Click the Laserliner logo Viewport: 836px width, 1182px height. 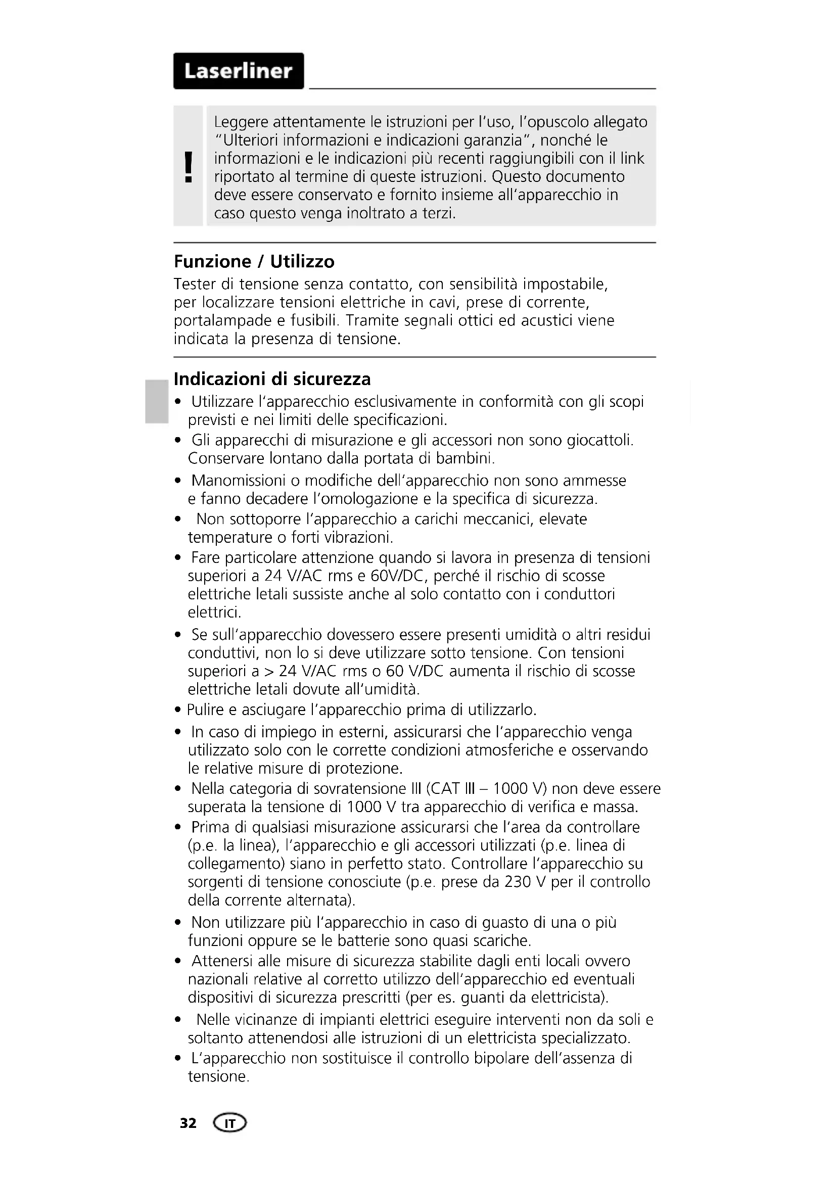pyautogui.click(x=239, y=71)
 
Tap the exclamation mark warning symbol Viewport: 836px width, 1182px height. pyautogui.click(x=189, y=167)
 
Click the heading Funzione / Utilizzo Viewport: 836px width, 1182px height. pyautogui.click(x=254, y=262)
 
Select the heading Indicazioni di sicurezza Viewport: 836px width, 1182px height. pyautogui.click(x=272, y=379)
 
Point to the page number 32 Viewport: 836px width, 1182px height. pyautogui.click(x=188, y=1123)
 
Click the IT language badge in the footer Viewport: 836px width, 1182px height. pyautogui.click(x=229, y=1123)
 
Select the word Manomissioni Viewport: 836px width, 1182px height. pyautogui.click(x=239, y=480)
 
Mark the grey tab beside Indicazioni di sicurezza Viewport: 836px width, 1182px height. pyautogui.click(x=155, y=402)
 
